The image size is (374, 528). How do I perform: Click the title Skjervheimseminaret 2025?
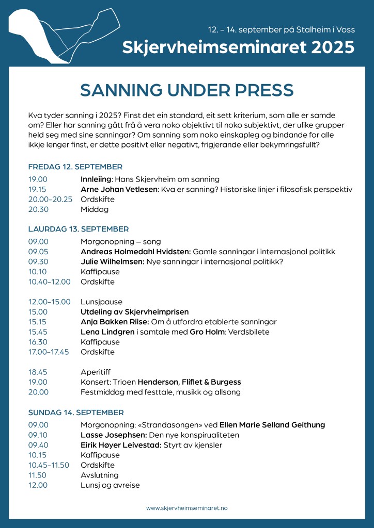(238, 47)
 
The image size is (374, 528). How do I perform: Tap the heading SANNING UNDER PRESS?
(187, 90)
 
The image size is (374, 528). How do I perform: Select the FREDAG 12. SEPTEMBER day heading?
(75, 167)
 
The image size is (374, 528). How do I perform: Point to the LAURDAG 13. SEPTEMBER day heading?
(78, 229)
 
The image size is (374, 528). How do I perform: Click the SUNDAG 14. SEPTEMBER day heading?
(76, 412)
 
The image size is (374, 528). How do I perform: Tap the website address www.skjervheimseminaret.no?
(186, 508)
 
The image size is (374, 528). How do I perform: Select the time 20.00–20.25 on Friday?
(50, 200)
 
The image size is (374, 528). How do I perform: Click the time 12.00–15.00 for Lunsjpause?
(49, 302)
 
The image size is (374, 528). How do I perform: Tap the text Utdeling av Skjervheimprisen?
(134, 312)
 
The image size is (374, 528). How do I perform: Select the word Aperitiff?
(96, 372)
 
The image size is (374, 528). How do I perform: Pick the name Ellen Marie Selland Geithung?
(272, 425)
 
